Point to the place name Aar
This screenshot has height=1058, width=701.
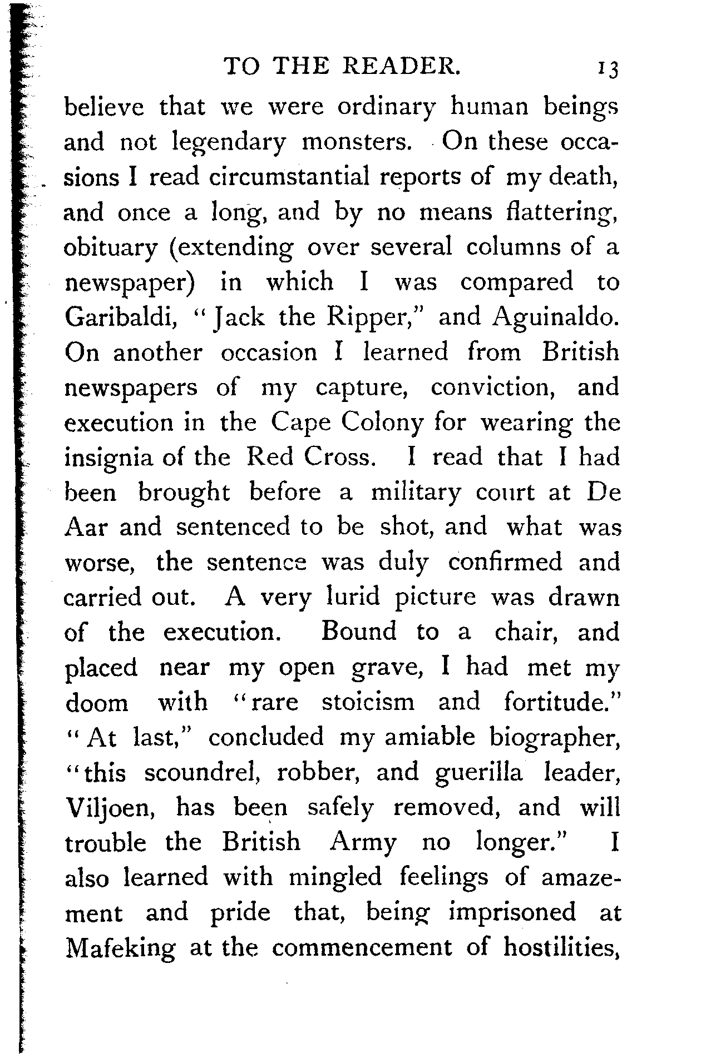coord(85,527)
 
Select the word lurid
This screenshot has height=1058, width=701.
coord(352,597)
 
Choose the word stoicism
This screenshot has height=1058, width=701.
coord(368,702)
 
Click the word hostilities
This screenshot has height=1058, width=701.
coord(562,947)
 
